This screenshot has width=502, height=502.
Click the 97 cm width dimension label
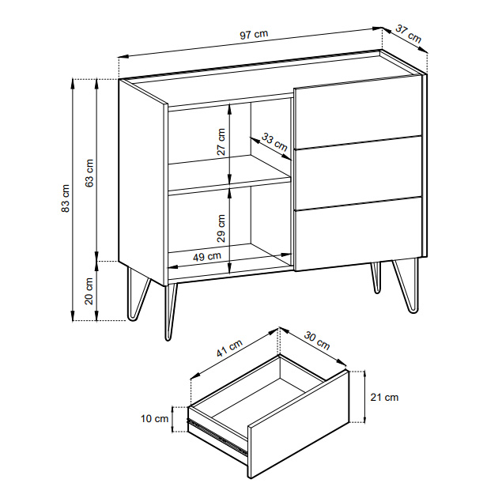(x=254, y=34)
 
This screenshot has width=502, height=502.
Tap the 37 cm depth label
(x=408, y=34)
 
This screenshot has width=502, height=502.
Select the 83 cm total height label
(x=66, y=198)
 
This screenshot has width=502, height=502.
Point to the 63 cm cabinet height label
(x=89, y=173)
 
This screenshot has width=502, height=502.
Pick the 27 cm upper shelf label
(x=221, y=142)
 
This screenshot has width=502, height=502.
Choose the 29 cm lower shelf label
(x=221, y=228)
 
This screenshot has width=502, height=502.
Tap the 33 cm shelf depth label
(x=274, y=142)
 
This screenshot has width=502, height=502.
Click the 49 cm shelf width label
(x=207, y=256)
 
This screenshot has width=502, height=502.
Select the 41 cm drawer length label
(x=229, y=348)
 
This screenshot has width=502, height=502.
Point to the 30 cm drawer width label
(x=317, y=340)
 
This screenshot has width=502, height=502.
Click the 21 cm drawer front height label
(x=384, y=398)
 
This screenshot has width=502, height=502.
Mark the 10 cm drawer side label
(x=154, y=418)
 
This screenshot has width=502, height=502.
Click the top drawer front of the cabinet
(x=357, y=111)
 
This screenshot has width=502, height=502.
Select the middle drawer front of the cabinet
(x=358, y=173)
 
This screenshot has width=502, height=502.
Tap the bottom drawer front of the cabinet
(x=358, y=234)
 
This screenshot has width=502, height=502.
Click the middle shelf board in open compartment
(x=229, y=176)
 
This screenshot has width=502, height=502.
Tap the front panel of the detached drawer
(x=298, y=425)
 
